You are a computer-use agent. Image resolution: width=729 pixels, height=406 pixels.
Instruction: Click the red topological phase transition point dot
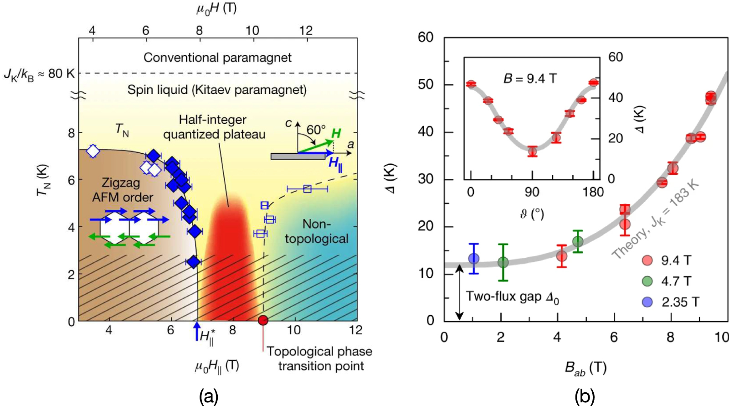tap(263, 320)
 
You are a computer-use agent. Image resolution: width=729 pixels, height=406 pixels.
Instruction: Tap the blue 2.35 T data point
tap(474, 259)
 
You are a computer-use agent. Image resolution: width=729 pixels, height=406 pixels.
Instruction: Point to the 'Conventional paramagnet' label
tap(217, 57)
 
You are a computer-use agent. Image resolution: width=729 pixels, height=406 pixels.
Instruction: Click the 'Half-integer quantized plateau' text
tap(214, 127)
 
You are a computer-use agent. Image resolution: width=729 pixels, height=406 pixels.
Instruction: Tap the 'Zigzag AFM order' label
tap(122, 190)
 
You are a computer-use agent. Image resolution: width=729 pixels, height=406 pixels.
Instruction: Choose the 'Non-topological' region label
tap(316, 231)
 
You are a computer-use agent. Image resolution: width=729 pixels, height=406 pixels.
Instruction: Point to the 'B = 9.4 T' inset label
tap(529, 78)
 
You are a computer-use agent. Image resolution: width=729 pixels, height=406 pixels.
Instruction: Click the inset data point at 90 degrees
tap(532, 151)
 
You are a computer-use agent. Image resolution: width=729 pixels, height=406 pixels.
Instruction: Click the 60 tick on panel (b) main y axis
tap(426, 37)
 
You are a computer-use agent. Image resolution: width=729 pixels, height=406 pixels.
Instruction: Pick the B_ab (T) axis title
tap(585, 368)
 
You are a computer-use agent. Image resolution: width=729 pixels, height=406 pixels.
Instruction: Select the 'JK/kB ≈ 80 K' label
tap(39, 74)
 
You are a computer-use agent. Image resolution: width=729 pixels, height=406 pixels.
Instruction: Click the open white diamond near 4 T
tap(93, 151)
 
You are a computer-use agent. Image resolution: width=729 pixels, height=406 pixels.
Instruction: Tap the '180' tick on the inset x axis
tap(593, 192)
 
